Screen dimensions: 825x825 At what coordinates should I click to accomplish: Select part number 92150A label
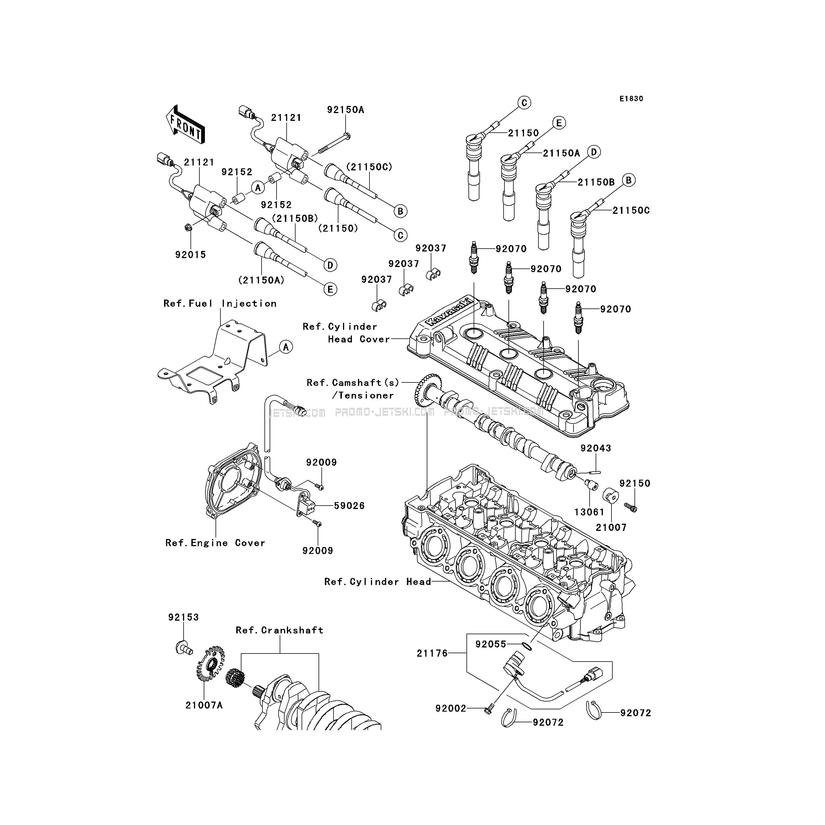point(346,110)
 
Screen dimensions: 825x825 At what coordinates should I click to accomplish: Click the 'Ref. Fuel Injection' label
point(220,304)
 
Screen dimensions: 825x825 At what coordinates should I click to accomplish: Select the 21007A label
point(204,705)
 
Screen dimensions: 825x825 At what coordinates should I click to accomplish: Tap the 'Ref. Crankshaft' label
point(279,630)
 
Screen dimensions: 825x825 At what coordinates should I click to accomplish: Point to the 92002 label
point(451,708)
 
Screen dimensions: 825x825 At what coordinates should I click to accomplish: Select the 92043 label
point(595,448)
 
